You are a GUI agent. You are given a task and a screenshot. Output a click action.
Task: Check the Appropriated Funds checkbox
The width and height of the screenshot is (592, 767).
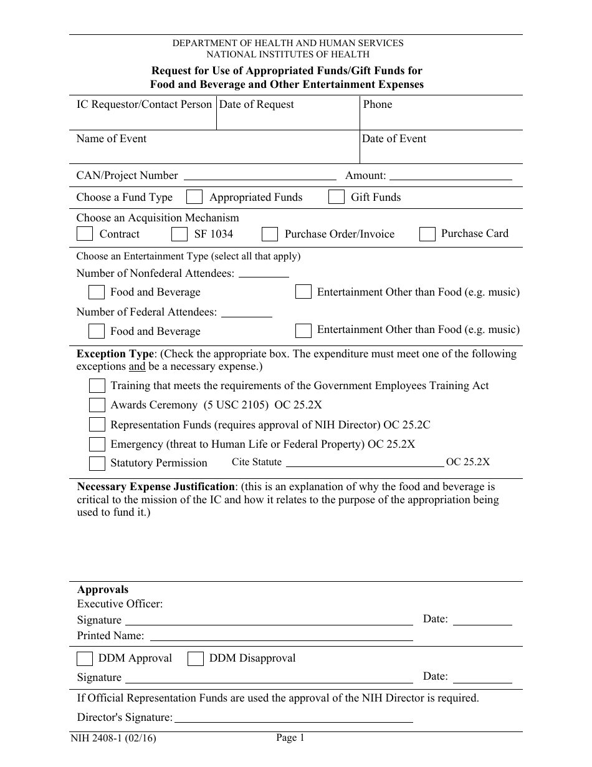(194, 197)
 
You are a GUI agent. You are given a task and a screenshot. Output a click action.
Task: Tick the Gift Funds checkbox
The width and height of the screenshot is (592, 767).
(337, 197)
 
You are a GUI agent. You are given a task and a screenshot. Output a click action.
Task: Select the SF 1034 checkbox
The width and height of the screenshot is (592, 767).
(179, 234)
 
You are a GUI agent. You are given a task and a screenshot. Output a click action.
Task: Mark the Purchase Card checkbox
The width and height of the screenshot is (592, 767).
(427, 234)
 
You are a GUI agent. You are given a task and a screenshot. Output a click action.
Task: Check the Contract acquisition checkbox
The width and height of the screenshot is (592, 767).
(84, 234)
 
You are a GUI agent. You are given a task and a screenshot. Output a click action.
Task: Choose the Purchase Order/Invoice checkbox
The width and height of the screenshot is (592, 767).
(269, 234)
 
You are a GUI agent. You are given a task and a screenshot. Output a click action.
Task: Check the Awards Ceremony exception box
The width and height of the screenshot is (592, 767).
(97, 405)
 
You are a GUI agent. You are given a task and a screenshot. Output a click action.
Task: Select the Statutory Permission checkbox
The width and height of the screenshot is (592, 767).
(97, 463)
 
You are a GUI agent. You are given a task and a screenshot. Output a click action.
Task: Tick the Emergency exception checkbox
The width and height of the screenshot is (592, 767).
(97, 445)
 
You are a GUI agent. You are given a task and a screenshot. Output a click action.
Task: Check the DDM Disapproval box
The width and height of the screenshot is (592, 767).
(196, 658)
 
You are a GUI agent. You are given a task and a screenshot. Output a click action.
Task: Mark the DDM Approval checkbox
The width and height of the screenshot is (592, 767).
(84, 658)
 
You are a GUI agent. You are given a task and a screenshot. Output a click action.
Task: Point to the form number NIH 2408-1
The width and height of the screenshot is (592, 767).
(112, 739)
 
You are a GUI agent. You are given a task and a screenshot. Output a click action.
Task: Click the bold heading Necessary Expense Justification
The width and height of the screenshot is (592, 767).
(156, 486)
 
